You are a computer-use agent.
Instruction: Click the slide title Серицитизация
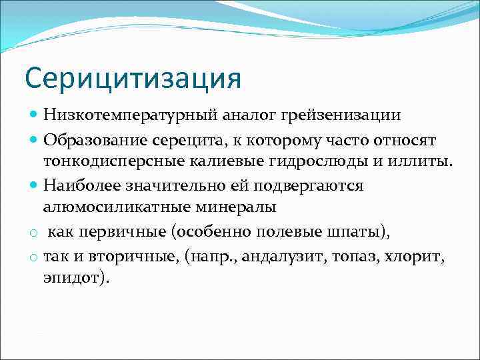point(133,77)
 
